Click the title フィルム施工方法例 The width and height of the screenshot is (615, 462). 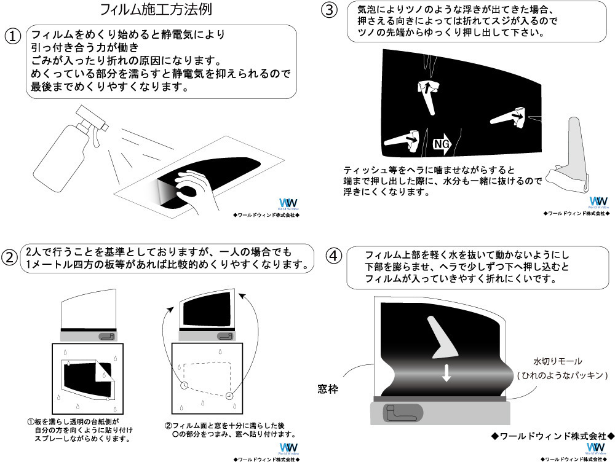pos(157,11)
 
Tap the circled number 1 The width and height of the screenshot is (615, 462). pos(14,36)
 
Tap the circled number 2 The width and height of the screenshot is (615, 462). pos(11,257)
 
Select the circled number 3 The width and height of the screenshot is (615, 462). pos(330,10)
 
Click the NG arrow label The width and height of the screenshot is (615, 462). pos(444,143)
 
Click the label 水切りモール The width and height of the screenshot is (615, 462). pos(557,361)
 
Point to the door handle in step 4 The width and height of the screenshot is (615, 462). pos(400,413)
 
